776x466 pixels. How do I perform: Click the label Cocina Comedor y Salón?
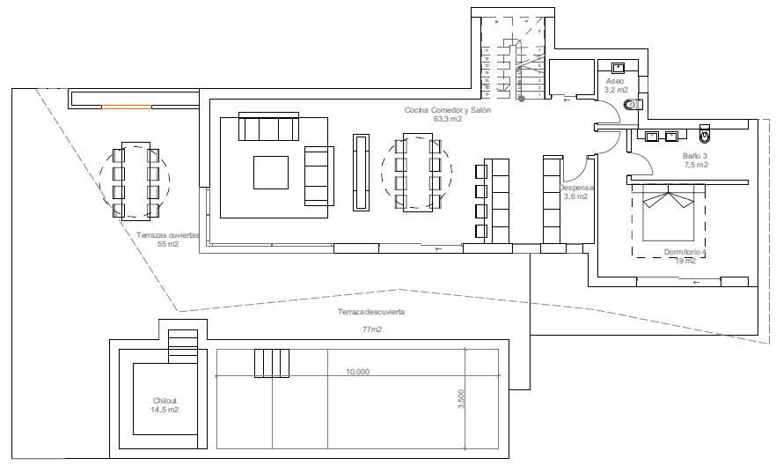[447, 110]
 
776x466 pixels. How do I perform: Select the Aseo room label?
[613, 81]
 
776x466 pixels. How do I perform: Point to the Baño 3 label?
[694, 155]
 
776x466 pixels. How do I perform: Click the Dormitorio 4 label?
[685, 252]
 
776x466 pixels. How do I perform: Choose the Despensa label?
[576, 188]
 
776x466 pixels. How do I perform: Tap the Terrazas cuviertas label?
[168, 235]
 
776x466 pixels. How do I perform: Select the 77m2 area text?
[372, 329]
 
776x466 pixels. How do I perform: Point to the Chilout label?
[165, 401]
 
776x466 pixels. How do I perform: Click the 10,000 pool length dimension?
[357, 372]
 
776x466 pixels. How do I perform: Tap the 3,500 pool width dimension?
[460, 400]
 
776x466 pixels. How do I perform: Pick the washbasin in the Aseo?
[619, 67]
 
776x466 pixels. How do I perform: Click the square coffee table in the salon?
[271, 172]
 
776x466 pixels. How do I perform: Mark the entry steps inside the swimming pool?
[272, 362]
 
